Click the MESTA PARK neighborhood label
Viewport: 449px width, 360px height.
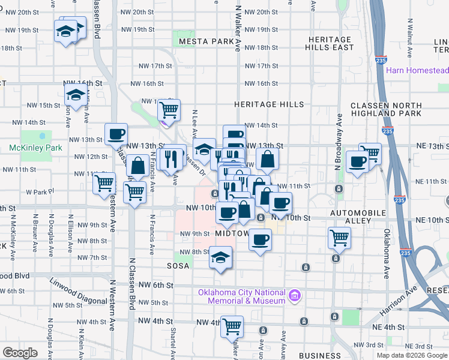tap(205, 41)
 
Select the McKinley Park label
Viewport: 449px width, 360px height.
tap(35, 147)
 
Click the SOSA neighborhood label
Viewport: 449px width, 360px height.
tap(178, 264)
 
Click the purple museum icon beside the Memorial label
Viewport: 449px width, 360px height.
tap(294, 295)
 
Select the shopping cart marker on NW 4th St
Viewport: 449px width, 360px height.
tap(232, 326)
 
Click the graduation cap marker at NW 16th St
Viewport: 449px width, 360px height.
tap(76, 94)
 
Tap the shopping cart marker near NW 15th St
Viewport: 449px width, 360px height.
tap(169, 109)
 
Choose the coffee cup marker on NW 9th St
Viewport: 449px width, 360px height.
tap(260, 239)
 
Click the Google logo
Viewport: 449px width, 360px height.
tap(20, 352)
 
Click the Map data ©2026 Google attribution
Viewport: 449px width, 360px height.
tap(411, 355)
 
